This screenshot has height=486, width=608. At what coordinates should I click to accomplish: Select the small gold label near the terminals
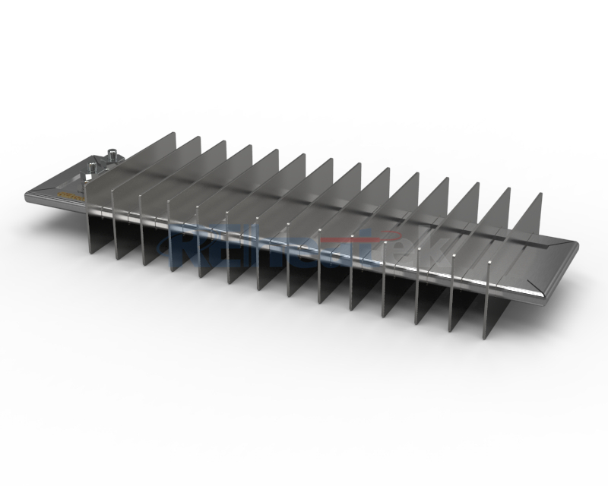click(69, 196)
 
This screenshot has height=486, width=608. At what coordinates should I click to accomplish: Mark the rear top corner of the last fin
click(540, 194)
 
